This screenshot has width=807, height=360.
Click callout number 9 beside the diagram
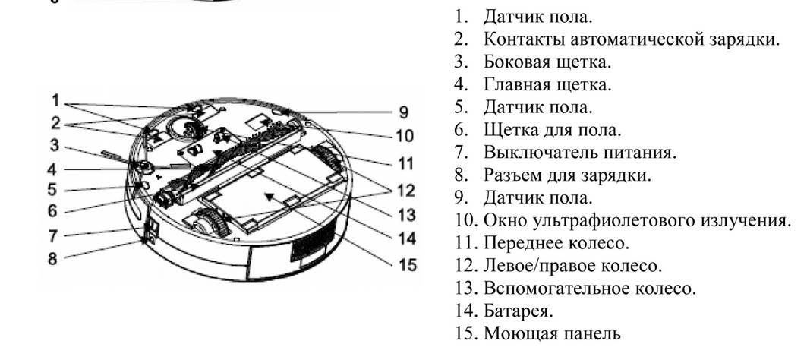coord(404,112)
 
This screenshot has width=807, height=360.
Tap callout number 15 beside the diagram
coord(408,265)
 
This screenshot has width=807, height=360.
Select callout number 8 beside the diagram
coord(52,258)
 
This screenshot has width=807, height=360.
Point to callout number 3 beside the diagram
coord(54,146)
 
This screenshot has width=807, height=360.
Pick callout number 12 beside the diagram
coord(405,191)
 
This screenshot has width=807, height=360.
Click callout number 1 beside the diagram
coord(55,100)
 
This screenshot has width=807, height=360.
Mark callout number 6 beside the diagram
coord(53,210)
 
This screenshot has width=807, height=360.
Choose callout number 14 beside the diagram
coord(407,239)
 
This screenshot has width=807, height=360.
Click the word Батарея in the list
coord(519,311)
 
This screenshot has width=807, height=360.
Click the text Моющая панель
coord(552,333)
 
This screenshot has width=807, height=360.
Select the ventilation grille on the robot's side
coord(308,242)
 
